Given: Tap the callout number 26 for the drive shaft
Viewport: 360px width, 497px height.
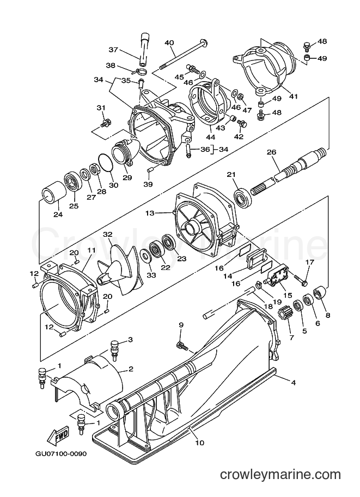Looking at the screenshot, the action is pyautogui.click(x=271, y=152).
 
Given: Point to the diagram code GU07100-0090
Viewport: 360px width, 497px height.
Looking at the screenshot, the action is pyautogui.click(x=60, y=453).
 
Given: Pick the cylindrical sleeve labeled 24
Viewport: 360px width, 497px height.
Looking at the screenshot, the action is pyautogui.click(x=53, y=194).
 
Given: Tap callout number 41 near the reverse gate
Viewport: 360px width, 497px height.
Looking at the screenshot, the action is pyautogui.click(x=294, y=95).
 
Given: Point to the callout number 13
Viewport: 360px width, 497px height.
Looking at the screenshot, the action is pyautogui.click(x=150, y=213).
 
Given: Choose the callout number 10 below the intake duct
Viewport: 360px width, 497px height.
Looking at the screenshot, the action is pyautogui.click(x=200, y=443).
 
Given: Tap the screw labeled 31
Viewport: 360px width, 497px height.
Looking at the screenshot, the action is pyautogui.click(x=106, y=122).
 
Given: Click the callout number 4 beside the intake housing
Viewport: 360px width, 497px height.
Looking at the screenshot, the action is pyautogui.click(x=294, y=383).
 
